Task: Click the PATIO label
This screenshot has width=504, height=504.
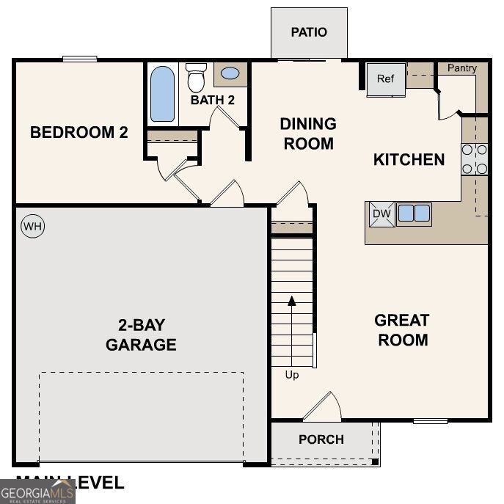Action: pyautogui.click(x=309, y=32)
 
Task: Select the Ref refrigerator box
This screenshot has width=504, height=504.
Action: pyautogui.click(x=386, y=78)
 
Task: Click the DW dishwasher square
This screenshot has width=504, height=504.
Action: pyautogui.click(x=380, y=214)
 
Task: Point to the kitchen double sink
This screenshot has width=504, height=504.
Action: pyautogui.click(x=414, y=213)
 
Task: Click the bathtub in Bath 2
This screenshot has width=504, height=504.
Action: pyautogui.click(x=163, y=94)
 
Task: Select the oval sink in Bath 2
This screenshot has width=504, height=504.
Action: pyautogui.click(x=230, y=74)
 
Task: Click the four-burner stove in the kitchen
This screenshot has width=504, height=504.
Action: pyautogui.click(x=475, y=159)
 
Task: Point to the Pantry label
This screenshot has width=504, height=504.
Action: pyautogui.click(x=462, y=68)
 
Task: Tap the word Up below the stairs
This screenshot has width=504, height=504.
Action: pyautogui.click(x=292, y=375)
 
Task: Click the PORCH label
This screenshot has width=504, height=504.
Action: pyautogui.click(x=321, y=439)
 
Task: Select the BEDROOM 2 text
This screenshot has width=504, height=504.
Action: pyautogui.click(x=79, y=133)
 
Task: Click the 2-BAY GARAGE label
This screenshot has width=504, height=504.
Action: pyautogui.click(x=141, y=335)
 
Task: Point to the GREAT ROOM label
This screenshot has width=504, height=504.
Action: pyautogui.click(x=401, y=330)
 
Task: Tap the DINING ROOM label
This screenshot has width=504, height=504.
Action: pyautogui.click(x=308, y=134)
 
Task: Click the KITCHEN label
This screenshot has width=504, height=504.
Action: pyautogui.click(x=409, y=159)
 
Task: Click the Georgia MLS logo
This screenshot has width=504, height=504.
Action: pyautogui.click(x=37, y=491)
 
